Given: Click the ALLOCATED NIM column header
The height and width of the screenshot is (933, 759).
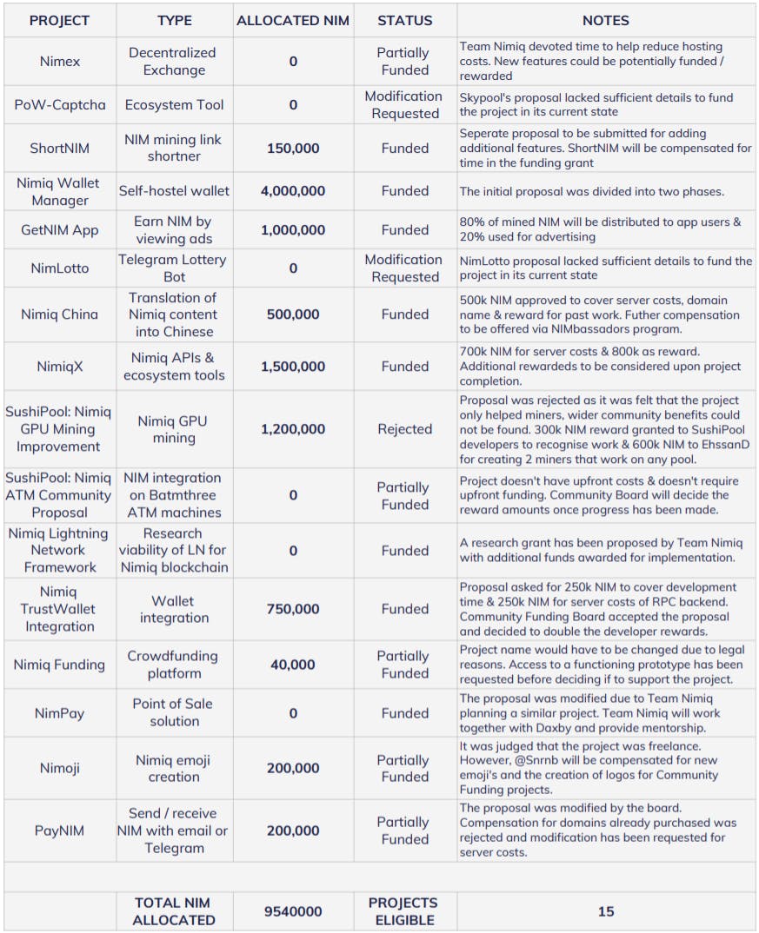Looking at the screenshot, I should [x=293, y=21].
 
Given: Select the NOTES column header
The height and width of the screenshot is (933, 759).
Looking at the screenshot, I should [x=606, y=21].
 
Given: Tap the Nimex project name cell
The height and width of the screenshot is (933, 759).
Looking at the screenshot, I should [x=60, y=62].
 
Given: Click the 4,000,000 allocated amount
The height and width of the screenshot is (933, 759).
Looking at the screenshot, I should [x=293, y=191].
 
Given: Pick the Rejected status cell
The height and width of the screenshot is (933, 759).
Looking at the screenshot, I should [x=404, y=429].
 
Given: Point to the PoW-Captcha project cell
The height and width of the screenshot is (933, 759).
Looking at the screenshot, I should [x=60, y=105].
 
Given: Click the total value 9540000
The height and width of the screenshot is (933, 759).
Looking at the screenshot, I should [x=293, y=911].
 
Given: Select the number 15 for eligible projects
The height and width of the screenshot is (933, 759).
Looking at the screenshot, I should [x=606, y=911].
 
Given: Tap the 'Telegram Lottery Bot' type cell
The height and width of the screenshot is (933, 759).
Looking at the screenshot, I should [x=174, y=268].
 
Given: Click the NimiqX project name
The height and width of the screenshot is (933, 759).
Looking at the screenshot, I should [x=60, y=367].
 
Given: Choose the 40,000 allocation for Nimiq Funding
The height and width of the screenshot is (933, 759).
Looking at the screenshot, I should [x=293, y=665].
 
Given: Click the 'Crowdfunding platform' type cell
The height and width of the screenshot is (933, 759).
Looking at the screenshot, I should [x=174, y=665].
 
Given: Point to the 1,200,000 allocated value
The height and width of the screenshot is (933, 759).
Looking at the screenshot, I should [x=293, y=429].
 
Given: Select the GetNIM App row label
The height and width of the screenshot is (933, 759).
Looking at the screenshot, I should [x=60, y=230].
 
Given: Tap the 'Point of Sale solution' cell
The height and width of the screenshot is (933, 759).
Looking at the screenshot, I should [x=174, y=712].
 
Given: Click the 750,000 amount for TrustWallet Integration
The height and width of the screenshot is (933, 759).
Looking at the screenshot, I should [x=293, y=609].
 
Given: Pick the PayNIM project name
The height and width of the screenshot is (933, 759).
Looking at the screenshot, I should [x=60, y=830].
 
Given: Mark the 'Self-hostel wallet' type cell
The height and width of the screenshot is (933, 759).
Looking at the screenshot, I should [x=174, y=191].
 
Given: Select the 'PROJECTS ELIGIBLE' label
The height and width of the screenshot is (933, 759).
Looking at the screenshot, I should [x=404, y=911].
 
